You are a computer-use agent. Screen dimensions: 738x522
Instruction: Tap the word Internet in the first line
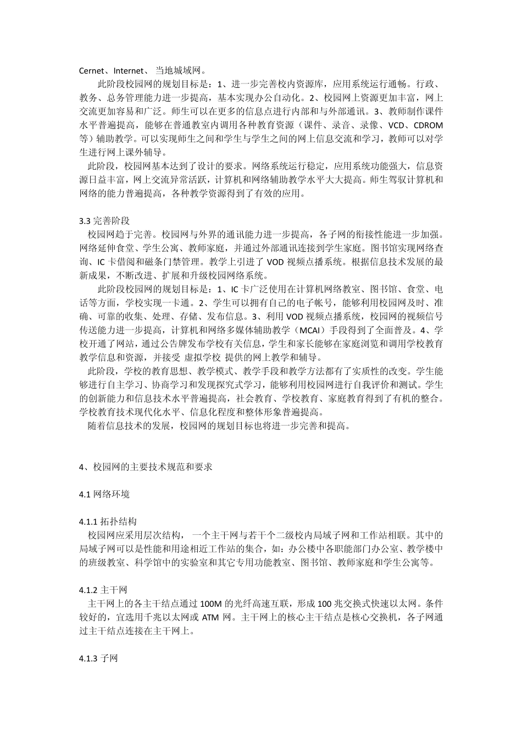[x=129, y=71]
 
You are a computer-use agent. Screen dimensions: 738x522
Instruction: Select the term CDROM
[x=427, y=125]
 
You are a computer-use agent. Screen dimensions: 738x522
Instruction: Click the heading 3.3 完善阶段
[x=104, y=221]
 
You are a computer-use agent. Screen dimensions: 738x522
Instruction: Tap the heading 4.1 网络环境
[x=104, y=494]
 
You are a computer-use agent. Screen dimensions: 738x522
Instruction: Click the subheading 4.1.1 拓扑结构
[x=108, y=522]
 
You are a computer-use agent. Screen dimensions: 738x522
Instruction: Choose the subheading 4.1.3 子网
[x=99, y=658]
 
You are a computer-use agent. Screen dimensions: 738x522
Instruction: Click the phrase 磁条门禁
[x=180, y=262]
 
